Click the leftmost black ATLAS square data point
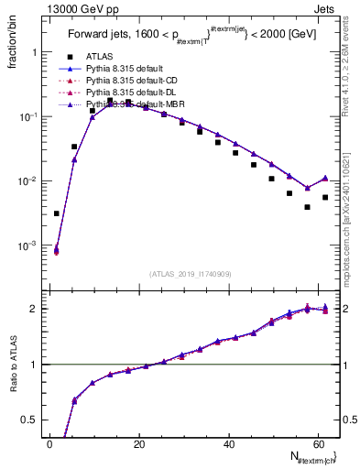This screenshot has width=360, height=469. click(x=57, y=213)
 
